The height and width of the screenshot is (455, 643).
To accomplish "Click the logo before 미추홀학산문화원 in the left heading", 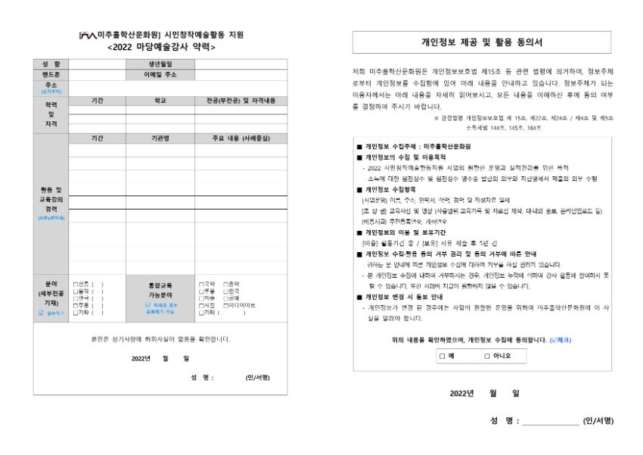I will pos(92,36).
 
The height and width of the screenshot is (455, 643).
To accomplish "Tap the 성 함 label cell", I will pos(51,64).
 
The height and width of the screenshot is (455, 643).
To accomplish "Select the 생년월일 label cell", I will pos(160,64).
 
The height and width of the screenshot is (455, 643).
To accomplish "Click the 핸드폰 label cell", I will pos(51,73).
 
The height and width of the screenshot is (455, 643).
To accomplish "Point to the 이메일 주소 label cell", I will pos(160,73).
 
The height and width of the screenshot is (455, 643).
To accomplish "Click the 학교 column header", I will pos(160,99).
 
